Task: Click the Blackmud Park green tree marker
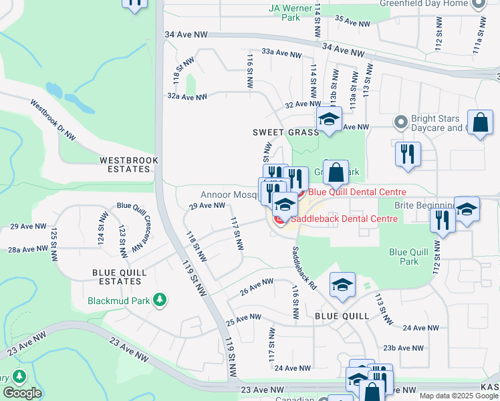point(159,299)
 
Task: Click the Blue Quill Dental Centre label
point(357,192)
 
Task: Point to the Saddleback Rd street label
point(303,267)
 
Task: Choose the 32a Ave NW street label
point(187,97)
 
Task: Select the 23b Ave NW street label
point(403,348)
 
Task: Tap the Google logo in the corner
point(22,393)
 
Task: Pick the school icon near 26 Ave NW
point(342,285)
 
